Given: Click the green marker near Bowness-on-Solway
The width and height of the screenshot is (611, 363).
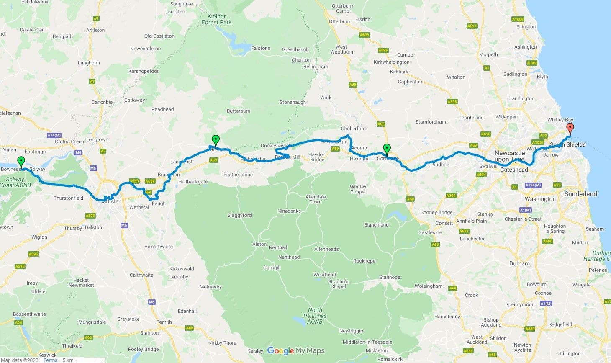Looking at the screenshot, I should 21,162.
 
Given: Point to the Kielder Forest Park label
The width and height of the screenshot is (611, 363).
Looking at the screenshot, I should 216,19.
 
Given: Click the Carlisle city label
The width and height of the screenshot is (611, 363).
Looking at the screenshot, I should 109,201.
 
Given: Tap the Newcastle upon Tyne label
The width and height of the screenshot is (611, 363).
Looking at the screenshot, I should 510,156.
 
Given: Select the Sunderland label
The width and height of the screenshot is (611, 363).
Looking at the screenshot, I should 580,194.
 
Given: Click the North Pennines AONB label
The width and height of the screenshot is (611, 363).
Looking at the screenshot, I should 315,316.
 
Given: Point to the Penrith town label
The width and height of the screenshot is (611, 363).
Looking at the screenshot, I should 164,322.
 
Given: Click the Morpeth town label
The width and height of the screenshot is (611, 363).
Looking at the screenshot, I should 488,54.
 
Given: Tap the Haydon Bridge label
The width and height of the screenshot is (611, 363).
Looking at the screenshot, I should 317,157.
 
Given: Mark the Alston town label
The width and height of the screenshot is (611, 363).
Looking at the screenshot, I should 259,244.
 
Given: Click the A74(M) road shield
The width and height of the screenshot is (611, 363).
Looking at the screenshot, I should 54,135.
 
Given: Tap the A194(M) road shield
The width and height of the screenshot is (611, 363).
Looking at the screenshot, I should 532,185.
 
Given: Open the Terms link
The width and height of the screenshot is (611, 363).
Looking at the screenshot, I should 50,360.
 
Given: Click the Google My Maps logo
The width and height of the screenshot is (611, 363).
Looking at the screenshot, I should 296,350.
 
